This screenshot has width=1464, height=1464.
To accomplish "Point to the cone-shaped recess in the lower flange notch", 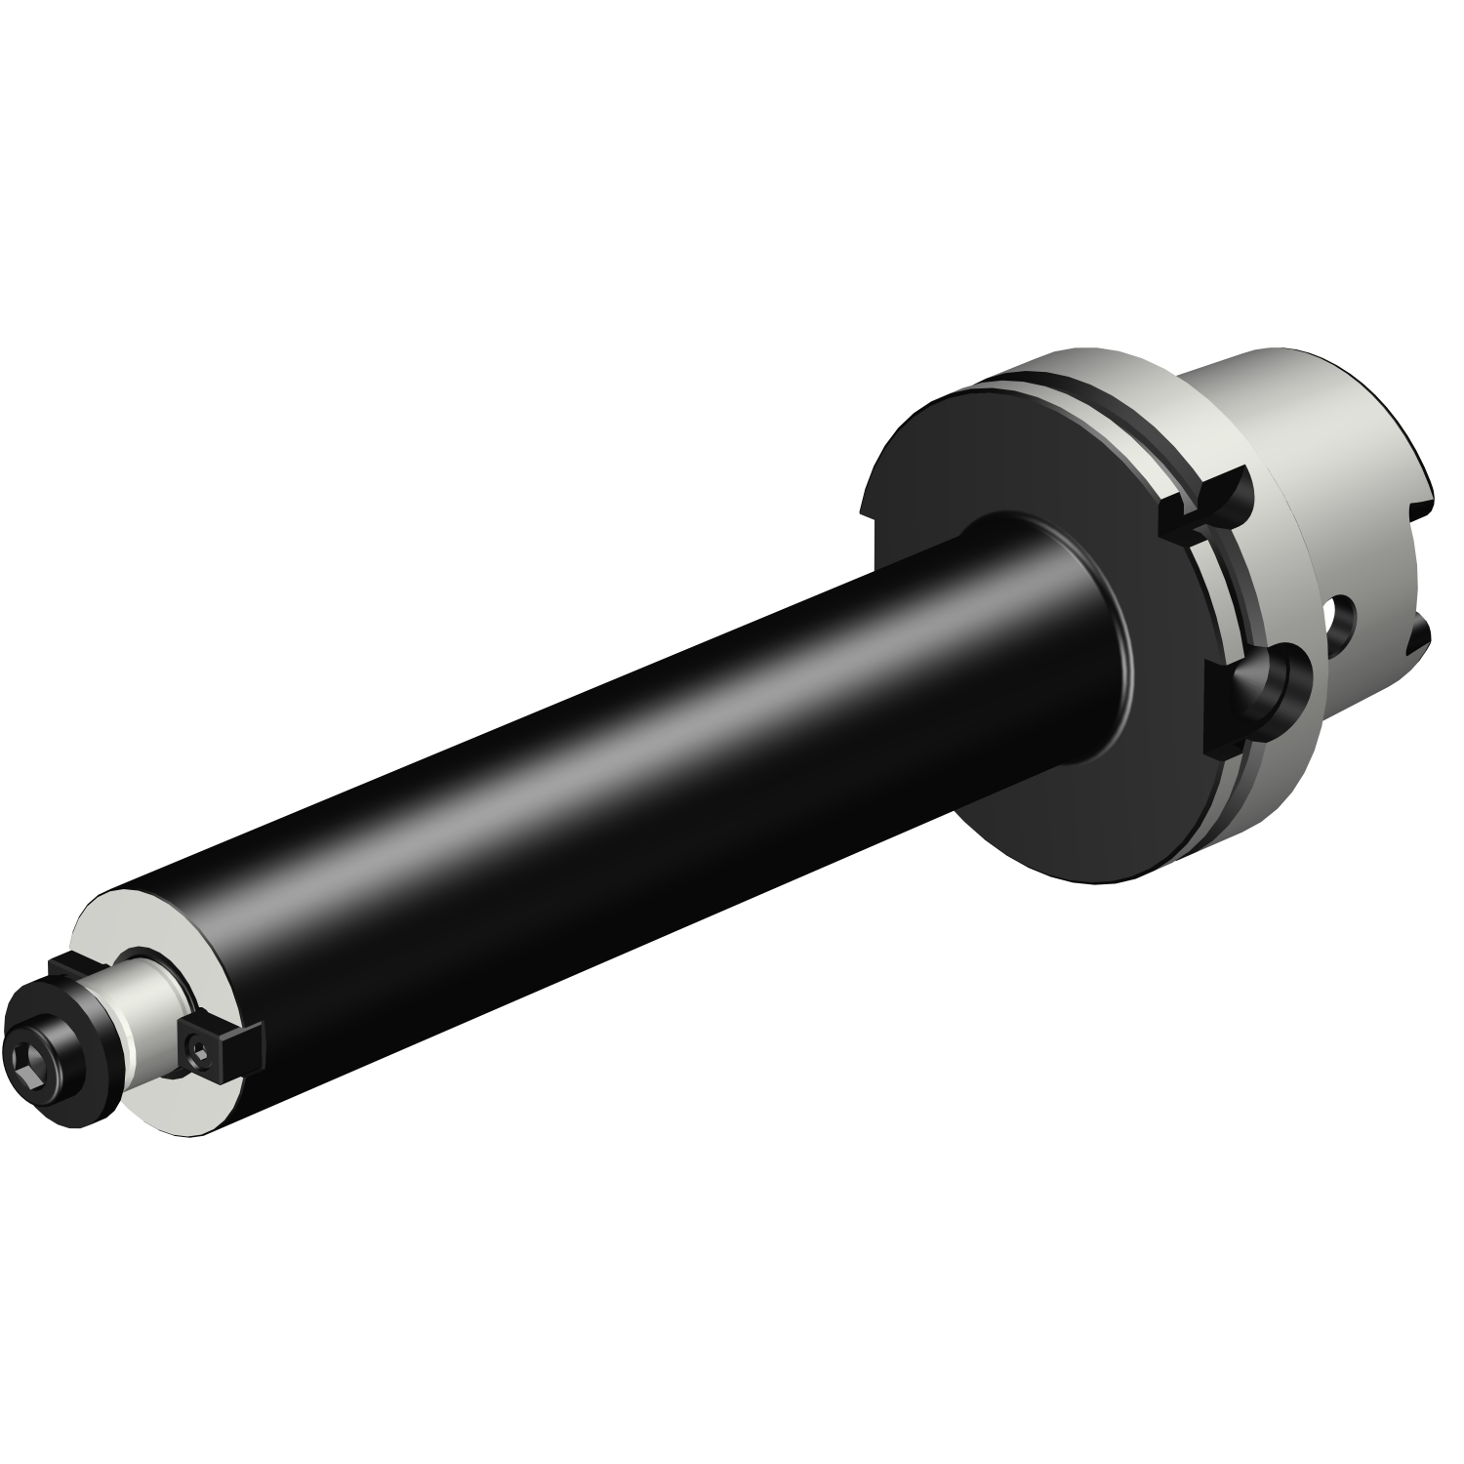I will point(1269,683).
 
